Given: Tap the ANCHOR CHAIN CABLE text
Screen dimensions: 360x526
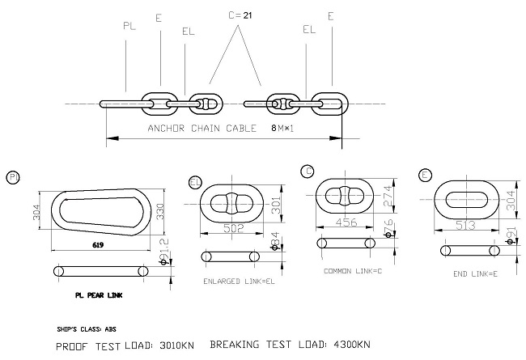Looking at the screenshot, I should coord(201,129).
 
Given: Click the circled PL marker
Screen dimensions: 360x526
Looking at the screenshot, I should coord(12,176).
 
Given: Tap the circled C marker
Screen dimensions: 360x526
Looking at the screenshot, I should coord(308,171).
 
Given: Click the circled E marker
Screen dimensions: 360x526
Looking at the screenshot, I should coord(426,175).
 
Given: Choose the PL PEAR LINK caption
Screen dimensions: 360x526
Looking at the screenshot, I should coord(85,297).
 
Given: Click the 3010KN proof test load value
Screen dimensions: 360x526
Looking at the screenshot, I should coord(175,345).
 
